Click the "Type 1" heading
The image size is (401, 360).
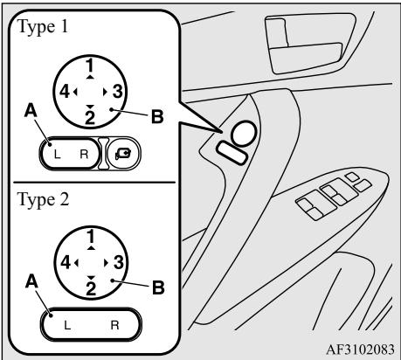click(x=43, y=27)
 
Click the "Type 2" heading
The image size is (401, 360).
click(x=43, y=200)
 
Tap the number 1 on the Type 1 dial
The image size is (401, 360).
click(x=91, y=66)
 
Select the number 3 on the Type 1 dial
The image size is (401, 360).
click(x=117, y=92)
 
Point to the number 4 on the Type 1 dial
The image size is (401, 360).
click(x=65, y=92)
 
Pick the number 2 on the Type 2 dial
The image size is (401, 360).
click(x=91, y=288)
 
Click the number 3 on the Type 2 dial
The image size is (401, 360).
click(x=119, y=263)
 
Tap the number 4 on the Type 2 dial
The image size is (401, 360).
click(x=66, y=263)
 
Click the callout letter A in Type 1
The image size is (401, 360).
click(x=31, y=111)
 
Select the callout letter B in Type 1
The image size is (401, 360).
click(x=157, y=117)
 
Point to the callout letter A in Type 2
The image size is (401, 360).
click(x=31, y=281)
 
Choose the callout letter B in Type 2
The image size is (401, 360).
click(x=158, y=287)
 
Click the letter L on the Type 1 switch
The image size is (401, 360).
click(x=58, y=154)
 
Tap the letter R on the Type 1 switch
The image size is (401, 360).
click(x=84, y=154)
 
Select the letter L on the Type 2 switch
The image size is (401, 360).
click(x=67, y=325)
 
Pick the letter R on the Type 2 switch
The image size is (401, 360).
click(x=115, y=325)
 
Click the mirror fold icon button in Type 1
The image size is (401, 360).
click(x=123, y=154)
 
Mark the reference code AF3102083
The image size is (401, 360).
click(x=360, y=350)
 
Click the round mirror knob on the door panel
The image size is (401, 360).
click(x=244, y=134)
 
